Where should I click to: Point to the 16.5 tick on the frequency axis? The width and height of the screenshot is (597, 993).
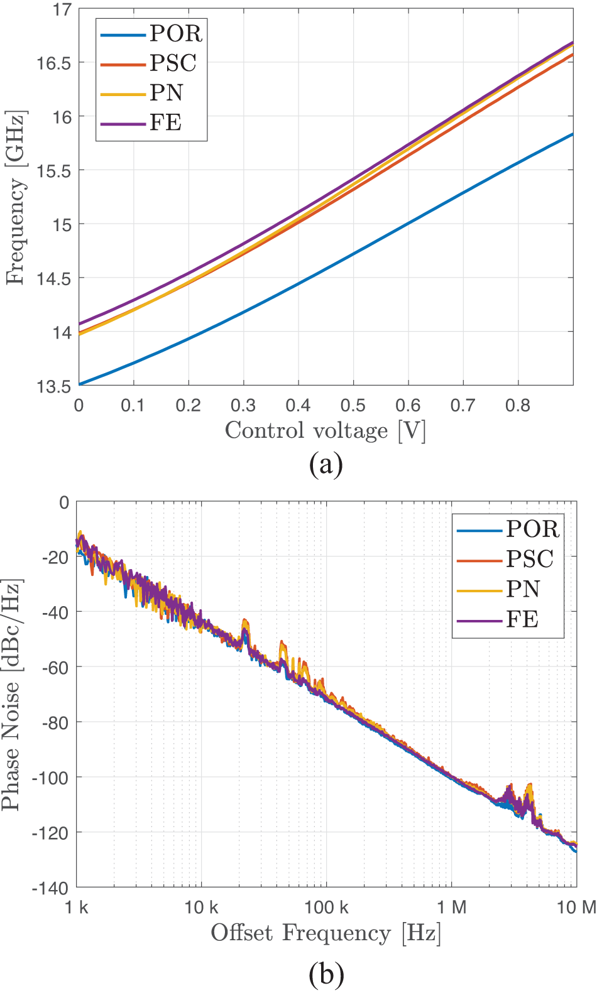(53, 63)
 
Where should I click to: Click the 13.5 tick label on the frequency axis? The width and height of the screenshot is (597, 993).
(53, 386)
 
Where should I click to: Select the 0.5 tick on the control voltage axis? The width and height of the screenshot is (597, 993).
(353, 405)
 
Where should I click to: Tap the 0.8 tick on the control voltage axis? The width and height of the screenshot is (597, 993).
(518, 405)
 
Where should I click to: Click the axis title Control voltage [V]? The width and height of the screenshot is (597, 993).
(325, 431)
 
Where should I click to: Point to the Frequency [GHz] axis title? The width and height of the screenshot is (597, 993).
(15, 198)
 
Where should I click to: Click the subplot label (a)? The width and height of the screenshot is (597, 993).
(326, 465)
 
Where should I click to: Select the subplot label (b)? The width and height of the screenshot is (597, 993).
(326, 974)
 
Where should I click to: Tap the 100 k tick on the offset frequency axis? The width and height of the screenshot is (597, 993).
(326, 907)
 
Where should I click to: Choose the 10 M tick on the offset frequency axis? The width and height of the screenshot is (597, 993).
(576, 907)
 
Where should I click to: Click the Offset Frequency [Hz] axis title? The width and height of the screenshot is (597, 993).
(326, 933)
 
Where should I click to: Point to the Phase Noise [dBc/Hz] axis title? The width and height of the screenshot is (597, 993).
(11, 695)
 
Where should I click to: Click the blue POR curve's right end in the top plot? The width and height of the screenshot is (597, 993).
(572, 134)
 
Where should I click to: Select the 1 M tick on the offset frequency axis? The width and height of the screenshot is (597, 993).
(451, 907)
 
